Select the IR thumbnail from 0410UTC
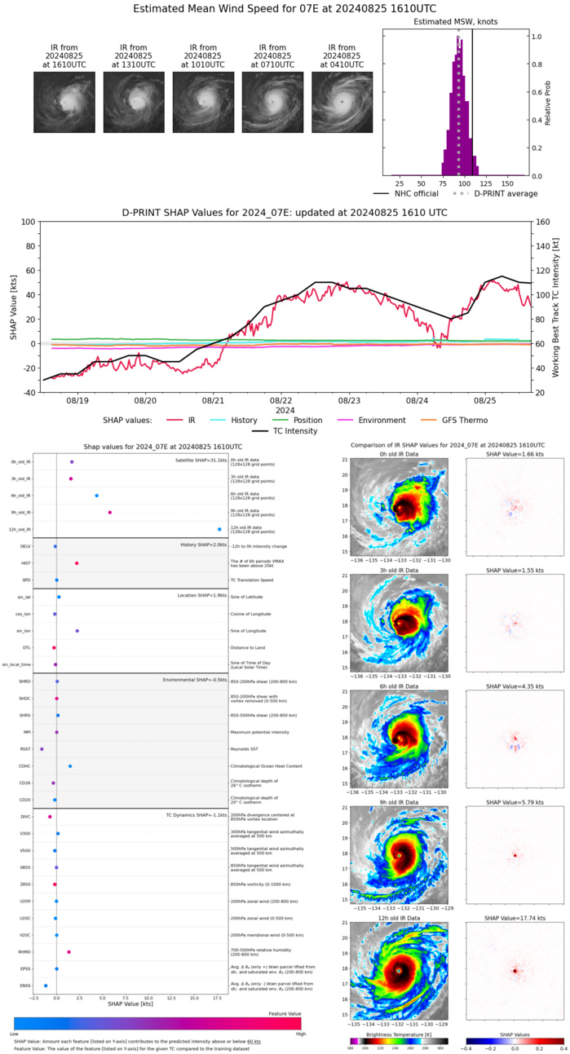tap(342, 101)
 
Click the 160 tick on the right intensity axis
tap(541, 222)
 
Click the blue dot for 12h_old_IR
tap(219, 530)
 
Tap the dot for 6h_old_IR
tap(97, 496)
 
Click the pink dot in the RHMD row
tap(68, 952)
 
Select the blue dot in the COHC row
tap(70, 766)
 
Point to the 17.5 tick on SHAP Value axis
tap(217, 998)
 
